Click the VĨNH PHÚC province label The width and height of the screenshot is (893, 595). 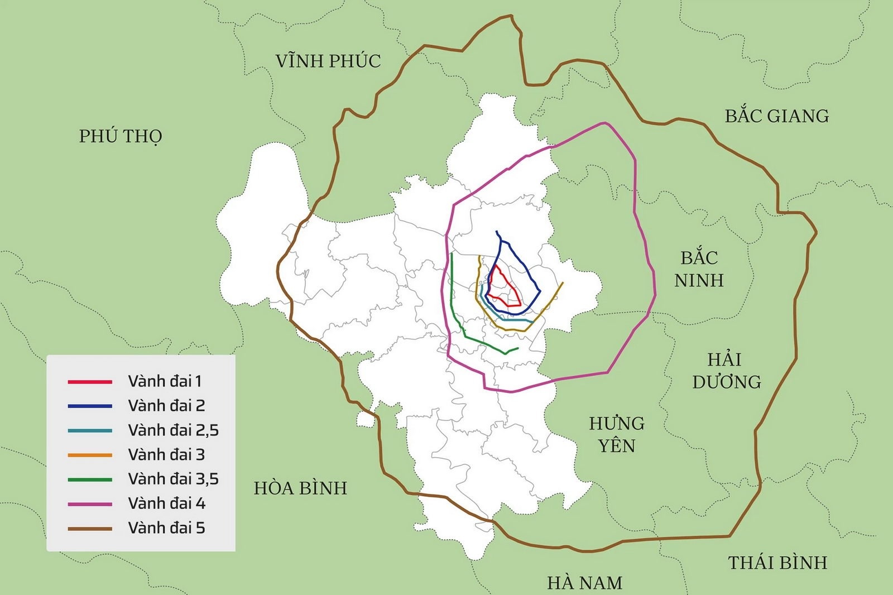(328, 61)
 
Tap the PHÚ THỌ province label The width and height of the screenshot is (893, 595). (121, 136)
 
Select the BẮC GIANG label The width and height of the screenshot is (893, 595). (777, 116)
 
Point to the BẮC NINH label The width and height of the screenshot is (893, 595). (699, 269)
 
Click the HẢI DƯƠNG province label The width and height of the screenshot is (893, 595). (726, 371)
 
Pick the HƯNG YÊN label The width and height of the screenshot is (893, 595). (617, 434)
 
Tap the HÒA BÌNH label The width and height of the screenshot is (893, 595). (300, 488)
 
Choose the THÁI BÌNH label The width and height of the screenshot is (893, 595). (777, 563)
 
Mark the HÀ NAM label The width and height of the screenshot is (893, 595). (584, 583)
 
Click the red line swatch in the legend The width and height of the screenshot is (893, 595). (90, 382)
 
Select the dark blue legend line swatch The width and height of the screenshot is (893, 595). (90, 406)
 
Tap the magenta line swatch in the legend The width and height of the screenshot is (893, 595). (90, 504)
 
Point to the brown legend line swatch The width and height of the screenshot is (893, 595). (90, 529)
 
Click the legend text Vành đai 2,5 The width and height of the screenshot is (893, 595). (173, 430)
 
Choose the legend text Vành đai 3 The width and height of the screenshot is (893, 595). (166, 455)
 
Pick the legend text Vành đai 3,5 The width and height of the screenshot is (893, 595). (173, 479)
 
